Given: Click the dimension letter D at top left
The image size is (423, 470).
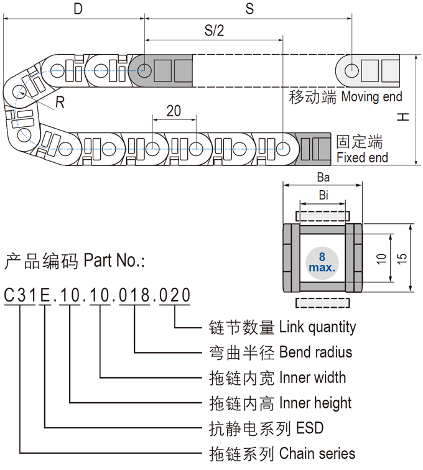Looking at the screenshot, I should (77, 9).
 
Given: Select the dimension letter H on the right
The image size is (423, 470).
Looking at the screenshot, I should (404, 116).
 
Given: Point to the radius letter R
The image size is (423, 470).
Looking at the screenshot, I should (60, 103).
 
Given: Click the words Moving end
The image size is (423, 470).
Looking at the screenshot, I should (371, 97).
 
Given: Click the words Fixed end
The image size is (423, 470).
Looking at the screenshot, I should (362, 158).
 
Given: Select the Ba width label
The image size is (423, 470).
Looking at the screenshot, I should (322, 177).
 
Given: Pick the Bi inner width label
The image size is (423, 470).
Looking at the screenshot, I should (323, 195).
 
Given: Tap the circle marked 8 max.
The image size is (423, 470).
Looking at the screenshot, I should (322, 262).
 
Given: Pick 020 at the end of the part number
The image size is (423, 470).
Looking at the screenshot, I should (174, 295).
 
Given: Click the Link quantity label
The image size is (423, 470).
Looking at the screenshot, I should (317, 327).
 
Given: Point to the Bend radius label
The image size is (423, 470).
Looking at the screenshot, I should (315, 352).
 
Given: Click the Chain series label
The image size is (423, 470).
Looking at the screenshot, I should (317, 454).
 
